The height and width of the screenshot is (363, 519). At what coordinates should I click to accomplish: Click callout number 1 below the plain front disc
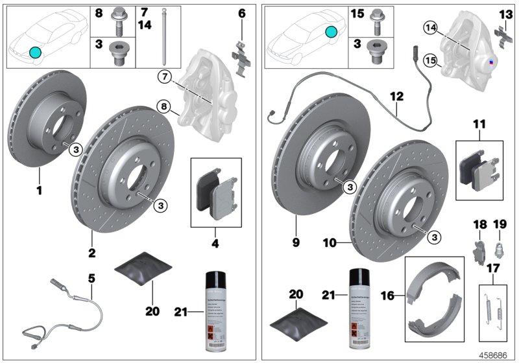(x=39, y=192)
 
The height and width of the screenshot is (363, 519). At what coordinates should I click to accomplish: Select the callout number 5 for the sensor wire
(x=91, y=278)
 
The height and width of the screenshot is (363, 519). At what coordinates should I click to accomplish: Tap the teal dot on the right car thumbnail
(x=332, y=31)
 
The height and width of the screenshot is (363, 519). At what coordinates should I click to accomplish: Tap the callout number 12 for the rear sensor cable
(x=396, y=96)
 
